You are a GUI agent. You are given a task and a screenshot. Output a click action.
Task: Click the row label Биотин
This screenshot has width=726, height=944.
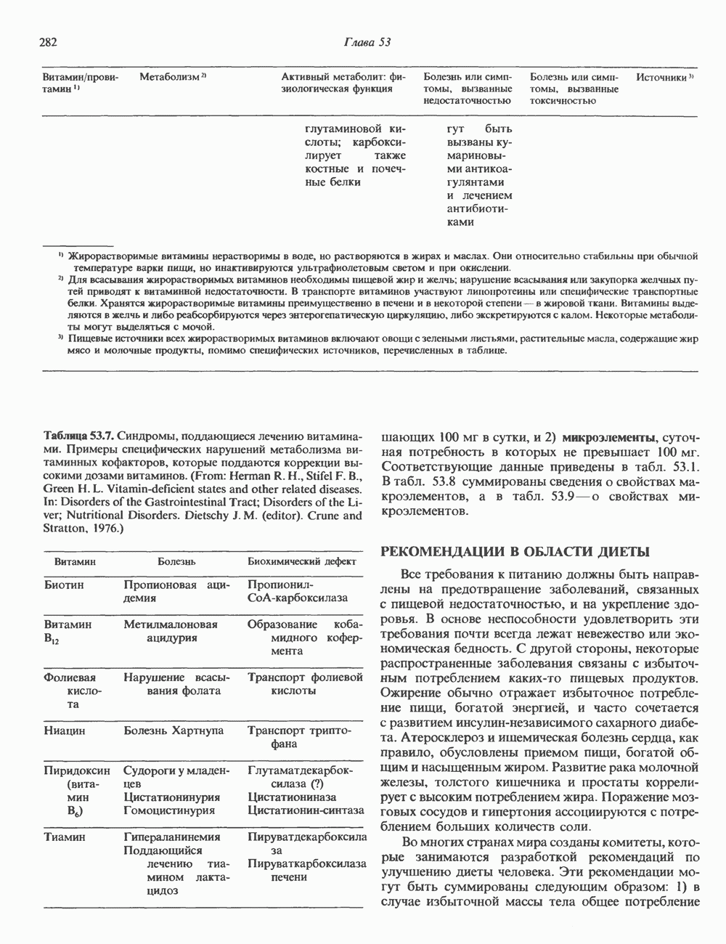tap(64, 585)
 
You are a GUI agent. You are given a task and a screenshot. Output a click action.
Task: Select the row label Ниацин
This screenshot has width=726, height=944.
tap(65, 731)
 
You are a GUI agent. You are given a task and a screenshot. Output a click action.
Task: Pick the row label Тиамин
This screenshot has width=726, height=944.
tap(65, 837)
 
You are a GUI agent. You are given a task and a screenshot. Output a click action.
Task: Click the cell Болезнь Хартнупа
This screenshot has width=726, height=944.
tap(174, 731)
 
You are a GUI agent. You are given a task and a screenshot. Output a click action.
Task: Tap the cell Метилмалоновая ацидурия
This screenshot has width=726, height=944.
tap(171, 631)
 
